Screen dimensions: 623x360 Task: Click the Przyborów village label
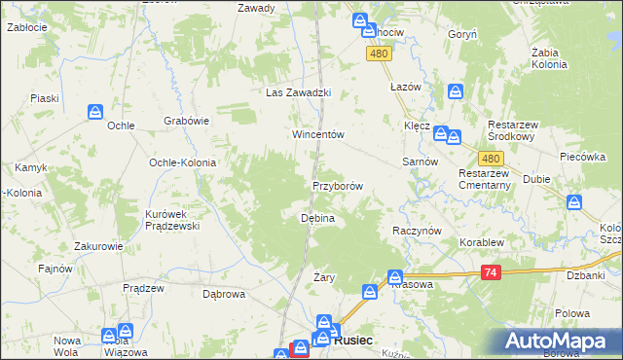338,186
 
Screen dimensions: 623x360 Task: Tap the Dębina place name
317,219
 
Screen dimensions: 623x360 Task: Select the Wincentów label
319,134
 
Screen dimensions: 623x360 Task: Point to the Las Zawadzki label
300,93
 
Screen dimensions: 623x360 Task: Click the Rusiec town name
351,342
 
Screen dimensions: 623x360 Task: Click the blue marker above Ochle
95,112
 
